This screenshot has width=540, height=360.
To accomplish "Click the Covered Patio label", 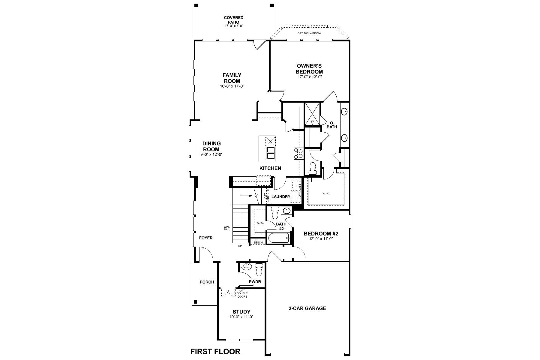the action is tap(234, 20).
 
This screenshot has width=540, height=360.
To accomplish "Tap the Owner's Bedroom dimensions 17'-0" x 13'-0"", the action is tap(309, 77).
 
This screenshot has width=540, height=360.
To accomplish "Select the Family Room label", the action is tap(232, 78).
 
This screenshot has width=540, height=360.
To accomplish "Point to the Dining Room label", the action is tap(211, 146).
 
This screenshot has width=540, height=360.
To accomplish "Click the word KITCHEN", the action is tap(270, 168).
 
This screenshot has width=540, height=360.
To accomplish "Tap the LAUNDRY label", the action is tap(281, 197).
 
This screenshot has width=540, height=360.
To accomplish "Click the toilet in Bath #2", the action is tap(274, 212).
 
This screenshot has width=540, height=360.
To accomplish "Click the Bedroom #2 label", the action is tap(321, 233).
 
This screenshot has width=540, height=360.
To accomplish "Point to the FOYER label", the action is tap(206, 238).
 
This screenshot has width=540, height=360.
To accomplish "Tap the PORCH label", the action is tap(207, 282).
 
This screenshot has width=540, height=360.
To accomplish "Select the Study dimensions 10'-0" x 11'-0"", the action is tap(241, 317).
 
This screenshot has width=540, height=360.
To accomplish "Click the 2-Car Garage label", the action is tap(307, 308).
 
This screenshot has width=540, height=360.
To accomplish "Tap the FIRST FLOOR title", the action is tap(215, 351).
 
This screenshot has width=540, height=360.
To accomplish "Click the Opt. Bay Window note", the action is tap(309, 33).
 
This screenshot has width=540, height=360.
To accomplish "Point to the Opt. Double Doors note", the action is tap(242, 294).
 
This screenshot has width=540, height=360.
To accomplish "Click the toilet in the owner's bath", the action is tap(313, 168).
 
